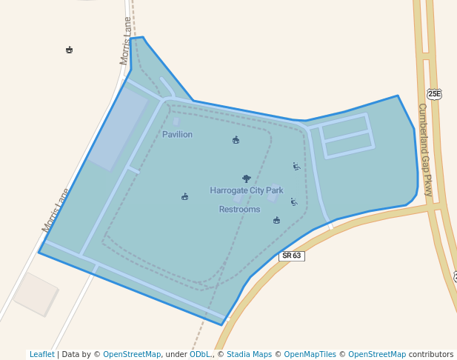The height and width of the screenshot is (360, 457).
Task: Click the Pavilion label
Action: coord(177,135)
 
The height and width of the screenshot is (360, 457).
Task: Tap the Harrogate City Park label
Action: coord(247,190)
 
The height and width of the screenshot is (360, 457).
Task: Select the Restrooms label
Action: coord(239,210)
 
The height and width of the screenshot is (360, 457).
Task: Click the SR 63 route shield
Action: coord(291,256)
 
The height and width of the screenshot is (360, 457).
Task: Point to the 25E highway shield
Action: coord(434,93)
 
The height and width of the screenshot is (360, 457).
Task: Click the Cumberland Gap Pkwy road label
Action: coord(424,139)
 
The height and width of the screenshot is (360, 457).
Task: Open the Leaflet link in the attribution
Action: coord(42,354)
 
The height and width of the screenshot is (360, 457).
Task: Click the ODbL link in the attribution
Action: coord(199,354)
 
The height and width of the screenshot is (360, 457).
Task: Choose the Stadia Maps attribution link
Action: coord(249,354)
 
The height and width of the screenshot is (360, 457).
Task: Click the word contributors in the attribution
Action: coord(431,354)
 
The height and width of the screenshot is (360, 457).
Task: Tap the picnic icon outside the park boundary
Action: coord(69,50)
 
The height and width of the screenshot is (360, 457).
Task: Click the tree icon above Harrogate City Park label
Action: coord(246,179)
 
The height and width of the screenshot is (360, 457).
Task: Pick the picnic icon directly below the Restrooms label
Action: coord(276,220)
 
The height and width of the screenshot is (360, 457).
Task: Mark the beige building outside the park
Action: coord(36,294)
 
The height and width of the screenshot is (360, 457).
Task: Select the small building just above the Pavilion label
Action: coord(176,121)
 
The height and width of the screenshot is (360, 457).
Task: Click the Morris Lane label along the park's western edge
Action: coord(56,210)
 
